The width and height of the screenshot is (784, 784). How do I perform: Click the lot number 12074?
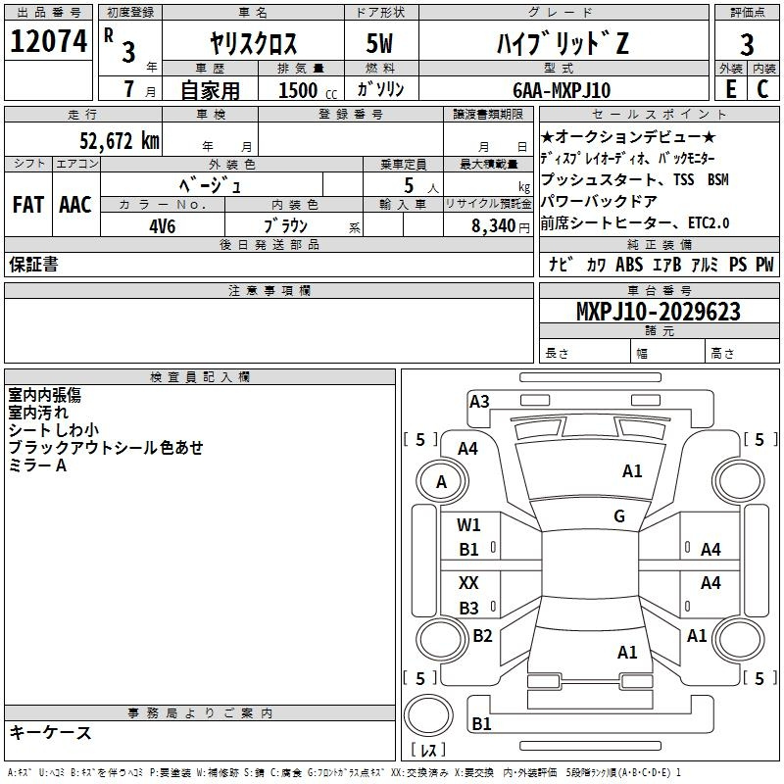(x=48, y=40)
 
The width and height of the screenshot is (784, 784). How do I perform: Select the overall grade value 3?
(x=747, y=44)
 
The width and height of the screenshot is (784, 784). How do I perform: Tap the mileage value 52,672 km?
(x=120, y=141)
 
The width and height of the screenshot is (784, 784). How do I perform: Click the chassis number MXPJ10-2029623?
(x=659, y=311)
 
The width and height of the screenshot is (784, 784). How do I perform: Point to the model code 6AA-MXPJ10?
(x=562, y=90)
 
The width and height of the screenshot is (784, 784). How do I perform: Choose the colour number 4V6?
(x=163, y=226)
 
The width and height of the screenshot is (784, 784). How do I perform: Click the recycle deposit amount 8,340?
(x=494, y=225)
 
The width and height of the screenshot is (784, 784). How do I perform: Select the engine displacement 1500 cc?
(x=307, y=90)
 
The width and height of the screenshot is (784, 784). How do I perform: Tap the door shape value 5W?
(x=379, y=43)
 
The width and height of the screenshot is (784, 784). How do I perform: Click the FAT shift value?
(x=28, y=205)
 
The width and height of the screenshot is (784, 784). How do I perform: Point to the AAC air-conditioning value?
(x=75, y=205)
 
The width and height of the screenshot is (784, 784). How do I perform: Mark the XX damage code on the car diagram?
(x=468, y=582)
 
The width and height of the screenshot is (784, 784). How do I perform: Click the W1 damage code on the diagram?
(x=468, y=524)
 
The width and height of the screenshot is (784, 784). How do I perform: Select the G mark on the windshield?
(x=619, y=515)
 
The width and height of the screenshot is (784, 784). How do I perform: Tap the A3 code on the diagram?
(x=479, y=401)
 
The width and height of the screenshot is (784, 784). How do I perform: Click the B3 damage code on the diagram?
(x=469, y=608)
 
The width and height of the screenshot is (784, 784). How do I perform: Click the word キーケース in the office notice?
(x=51, y=732)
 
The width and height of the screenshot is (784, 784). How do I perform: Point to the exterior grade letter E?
(x=731, y=89)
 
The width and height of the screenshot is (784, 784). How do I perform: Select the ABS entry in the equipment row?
(x=629, y=264)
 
